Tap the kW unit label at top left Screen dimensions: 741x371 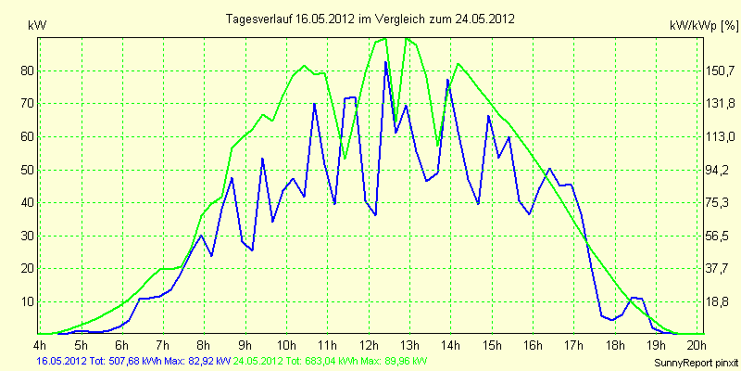[37, 26]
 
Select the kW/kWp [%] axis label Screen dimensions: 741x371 [704, 26]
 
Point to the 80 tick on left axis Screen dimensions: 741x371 [25, 71]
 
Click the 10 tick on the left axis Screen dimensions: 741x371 [25, 302]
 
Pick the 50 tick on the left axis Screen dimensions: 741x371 [25, 171]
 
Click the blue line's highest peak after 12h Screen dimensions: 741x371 [385, 62]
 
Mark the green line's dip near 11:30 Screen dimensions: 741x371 [345, 158]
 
